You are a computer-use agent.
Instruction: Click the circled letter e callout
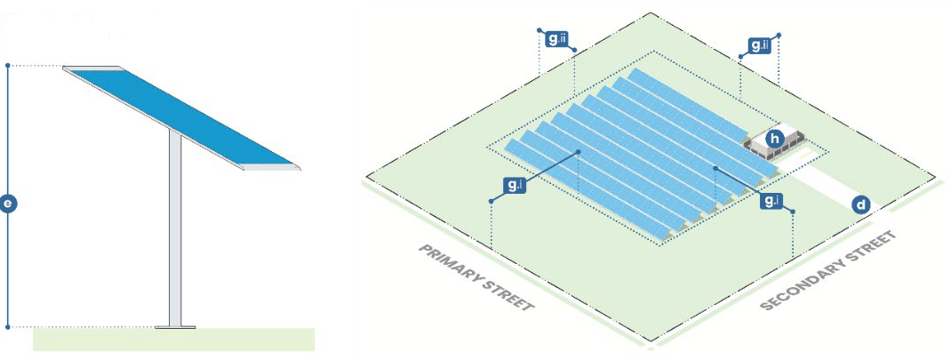pos(8,204)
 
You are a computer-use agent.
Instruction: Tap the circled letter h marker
pos(775,138)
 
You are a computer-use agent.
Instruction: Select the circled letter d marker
pos(860,204)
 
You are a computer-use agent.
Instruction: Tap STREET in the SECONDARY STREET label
pos(868,247)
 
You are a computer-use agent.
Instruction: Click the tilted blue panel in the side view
pos(182,116)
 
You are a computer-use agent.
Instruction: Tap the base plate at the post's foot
pos(175,327)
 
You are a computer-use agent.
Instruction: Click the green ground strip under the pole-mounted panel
pos(174,340)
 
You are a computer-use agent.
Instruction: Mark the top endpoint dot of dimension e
pos(8,66)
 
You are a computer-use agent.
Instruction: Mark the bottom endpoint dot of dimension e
pos(8,327)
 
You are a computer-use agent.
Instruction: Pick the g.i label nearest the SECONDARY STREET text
pos(771,201)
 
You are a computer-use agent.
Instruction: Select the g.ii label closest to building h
pos(758,44)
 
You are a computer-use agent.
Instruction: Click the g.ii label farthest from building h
pos(556,40)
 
